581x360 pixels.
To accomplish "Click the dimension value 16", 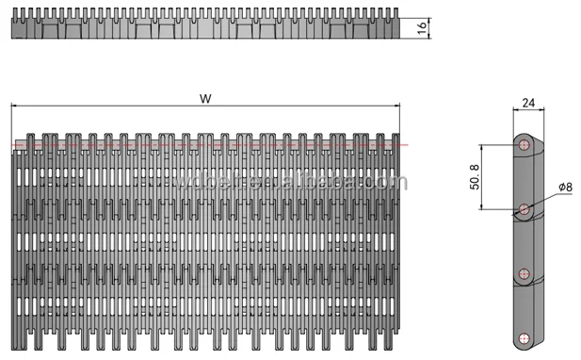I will tap(421, 27).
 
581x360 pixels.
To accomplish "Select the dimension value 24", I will tap(527, 103).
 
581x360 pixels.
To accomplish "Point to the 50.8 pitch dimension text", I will tap(474, 176).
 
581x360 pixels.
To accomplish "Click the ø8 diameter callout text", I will tap(565, 188).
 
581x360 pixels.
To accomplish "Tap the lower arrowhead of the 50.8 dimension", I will tap(482, 206).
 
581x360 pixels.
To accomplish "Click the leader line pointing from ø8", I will tap(544, 198).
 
